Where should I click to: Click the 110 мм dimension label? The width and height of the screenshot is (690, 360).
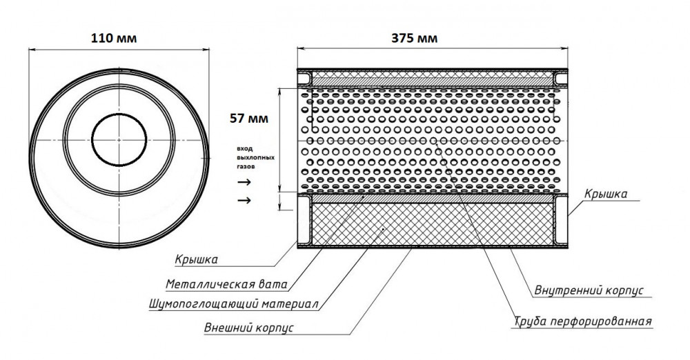pos(114,39)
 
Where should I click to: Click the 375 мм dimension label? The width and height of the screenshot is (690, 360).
pos(415,39)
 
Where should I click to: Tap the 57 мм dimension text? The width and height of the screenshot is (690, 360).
pos(248,119)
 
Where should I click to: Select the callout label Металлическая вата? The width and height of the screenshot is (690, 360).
pos(226,284)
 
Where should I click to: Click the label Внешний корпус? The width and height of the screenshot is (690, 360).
pos(248,328)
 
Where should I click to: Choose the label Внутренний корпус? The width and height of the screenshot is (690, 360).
pos(589,290)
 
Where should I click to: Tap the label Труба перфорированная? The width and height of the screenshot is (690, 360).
pos(582,321)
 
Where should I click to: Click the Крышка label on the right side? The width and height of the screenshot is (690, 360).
pos(606,194)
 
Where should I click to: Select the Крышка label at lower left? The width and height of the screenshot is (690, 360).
pos(196,260)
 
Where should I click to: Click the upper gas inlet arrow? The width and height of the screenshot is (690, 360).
pos(244,182)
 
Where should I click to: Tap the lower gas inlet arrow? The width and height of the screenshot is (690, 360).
pos(244,201)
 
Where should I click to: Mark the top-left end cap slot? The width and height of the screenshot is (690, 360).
pos(304,79)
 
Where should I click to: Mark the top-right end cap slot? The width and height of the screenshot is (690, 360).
pos(560,79)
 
